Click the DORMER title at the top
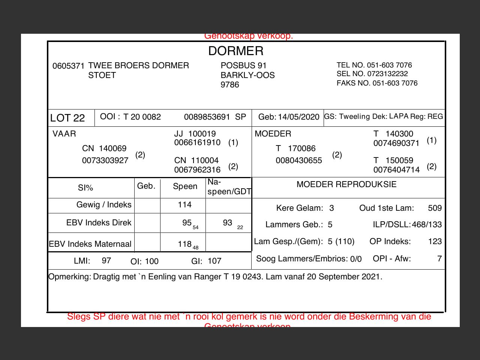(x=236, y=51)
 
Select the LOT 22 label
(x=67, y=118)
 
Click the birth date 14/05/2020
(x=298, y=117)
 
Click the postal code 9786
(x=229, y=85)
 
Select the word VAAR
(x=64, y=134)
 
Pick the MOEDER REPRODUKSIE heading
(x=346, y=184)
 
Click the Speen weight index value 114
(x=184, y=205)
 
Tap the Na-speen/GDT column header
(x=229, y=187)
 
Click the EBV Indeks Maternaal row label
(x=90, y=244)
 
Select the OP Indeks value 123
(x=435, y=241)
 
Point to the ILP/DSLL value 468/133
(x=427, y=225)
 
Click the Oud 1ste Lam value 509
(x=435, y=208)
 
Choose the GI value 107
(x=214, y=261)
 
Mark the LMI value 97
(x=106, y=261)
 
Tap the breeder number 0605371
(x=68, y=66)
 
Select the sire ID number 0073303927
(x=105, y=160)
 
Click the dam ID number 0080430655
(x=298, y=160)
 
